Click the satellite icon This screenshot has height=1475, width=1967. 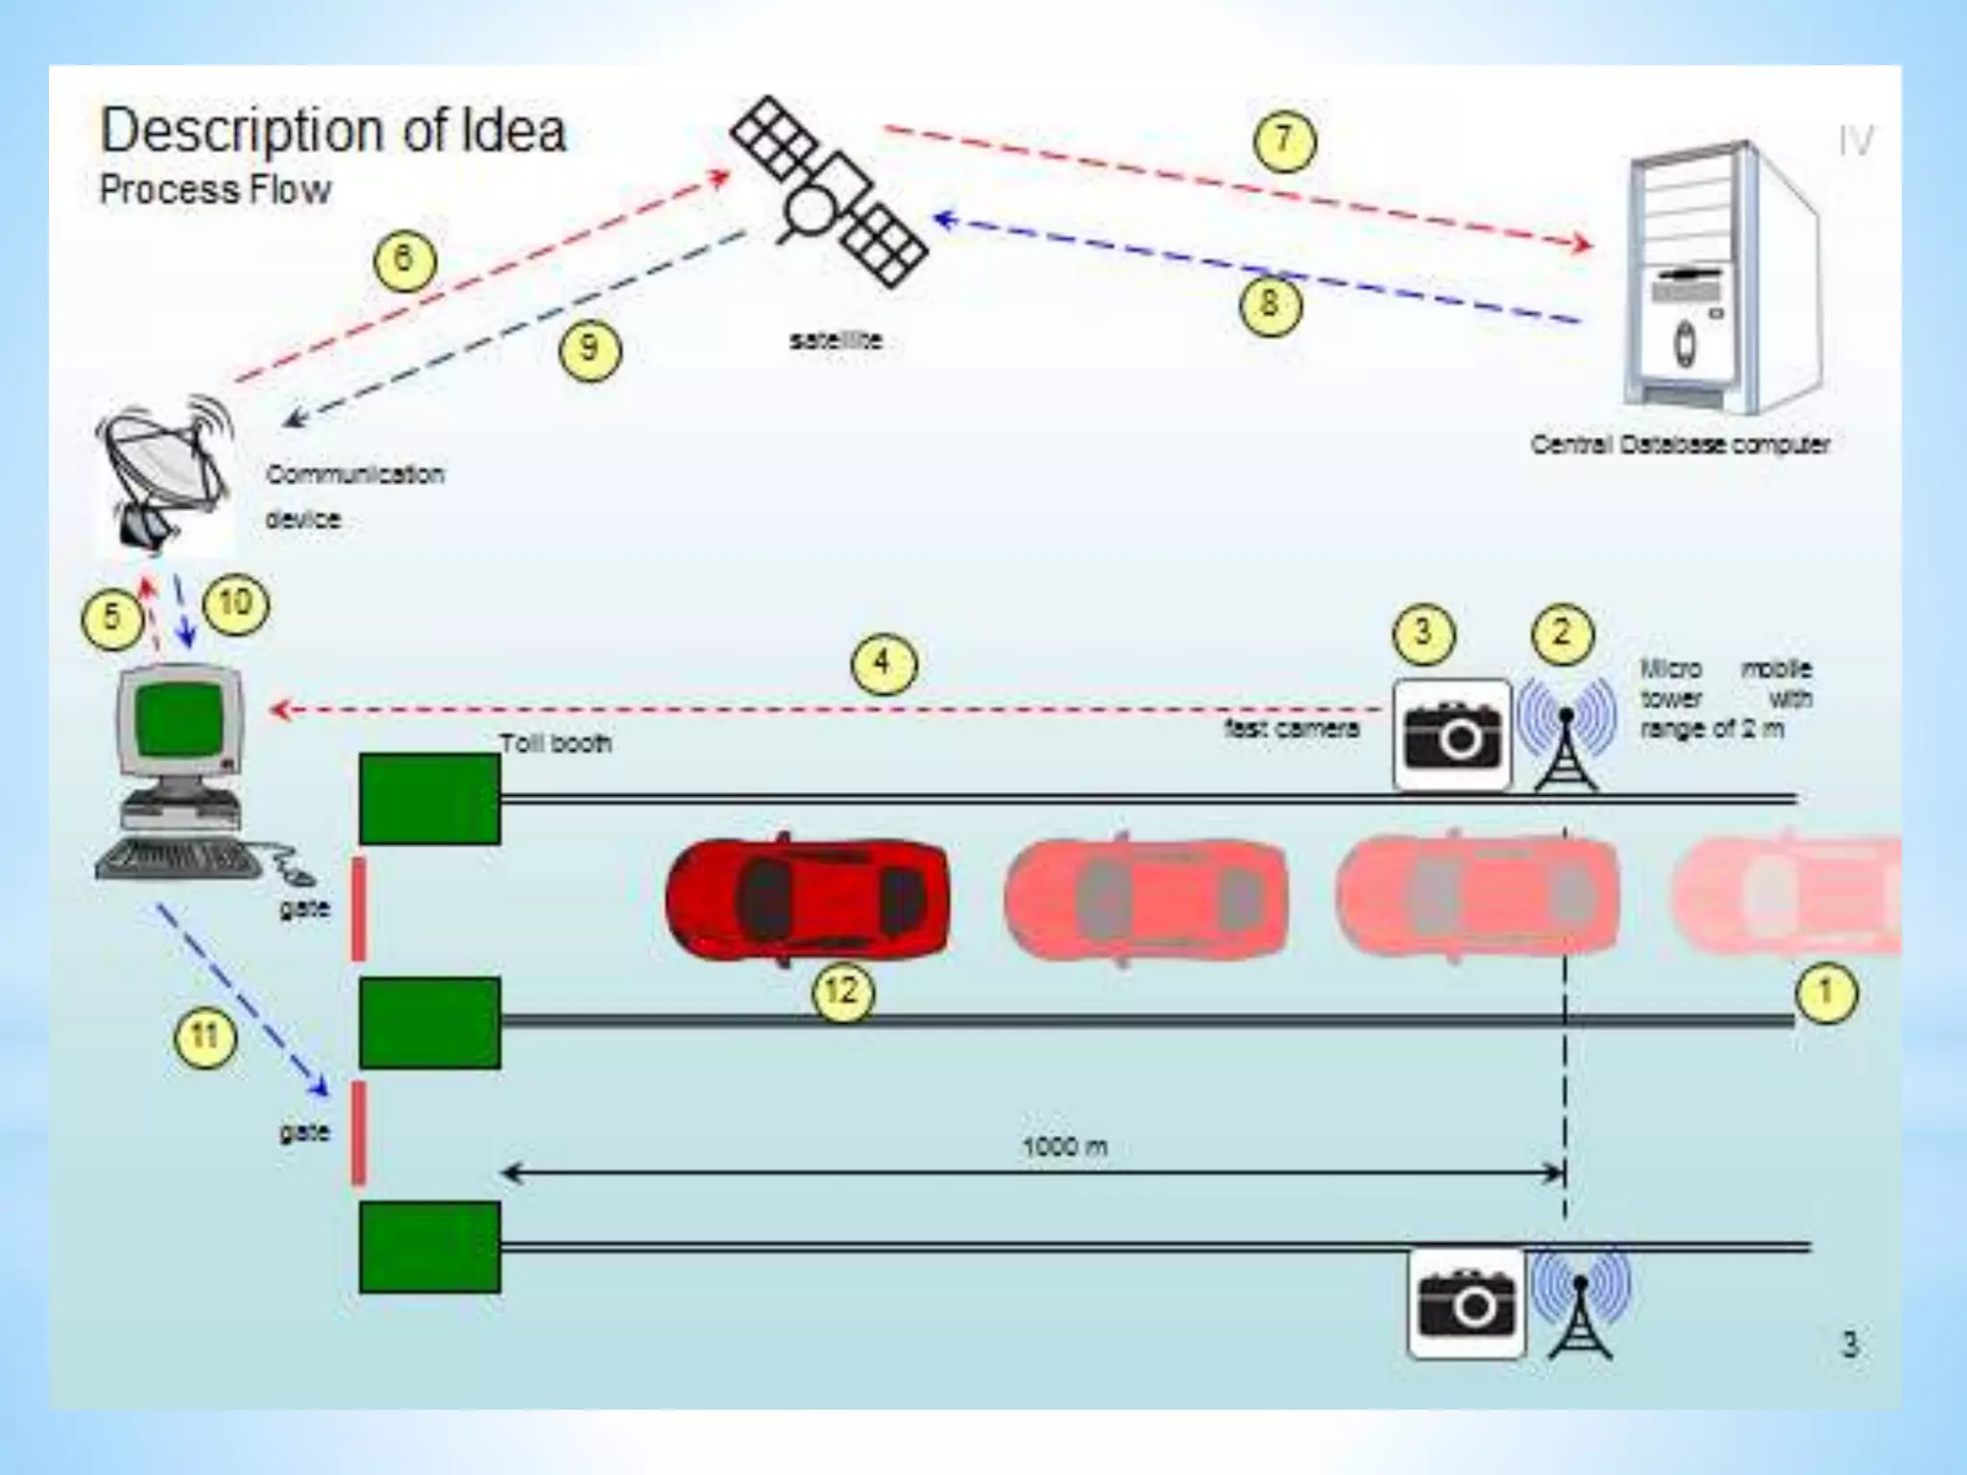tap(829, 192)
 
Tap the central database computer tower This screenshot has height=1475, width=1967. tap(1719, 278)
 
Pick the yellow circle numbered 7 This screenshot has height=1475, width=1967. tap(1284, 141)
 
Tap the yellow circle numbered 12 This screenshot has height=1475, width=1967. tap(843, 990)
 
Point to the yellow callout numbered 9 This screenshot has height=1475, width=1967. tap(590, 349)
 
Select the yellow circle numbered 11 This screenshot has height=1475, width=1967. tap(205, 1037)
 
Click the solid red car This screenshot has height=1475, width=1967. tap(807, 897)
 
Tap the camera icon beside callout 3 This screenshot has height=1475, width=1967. tap(1452, 736)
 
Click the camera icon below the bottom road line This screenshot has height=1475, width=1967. tap(1466, 1303)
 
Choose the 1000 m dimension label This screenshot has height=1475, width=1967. tap(1064, 1147)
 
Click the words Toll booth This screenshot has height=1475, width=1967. tap(555, 743)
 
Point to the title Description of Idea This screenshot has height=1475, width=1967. tap(333, 131)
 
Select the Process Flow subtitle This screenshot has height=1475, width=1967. tap(215, 189)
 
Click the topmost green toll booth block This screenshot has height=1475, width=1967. tap(429, 799)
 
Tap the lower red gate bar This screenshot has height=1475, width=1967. tap(358, 1133)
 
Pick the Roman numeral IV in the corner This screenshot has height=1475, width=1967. tap(1856, 142)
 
